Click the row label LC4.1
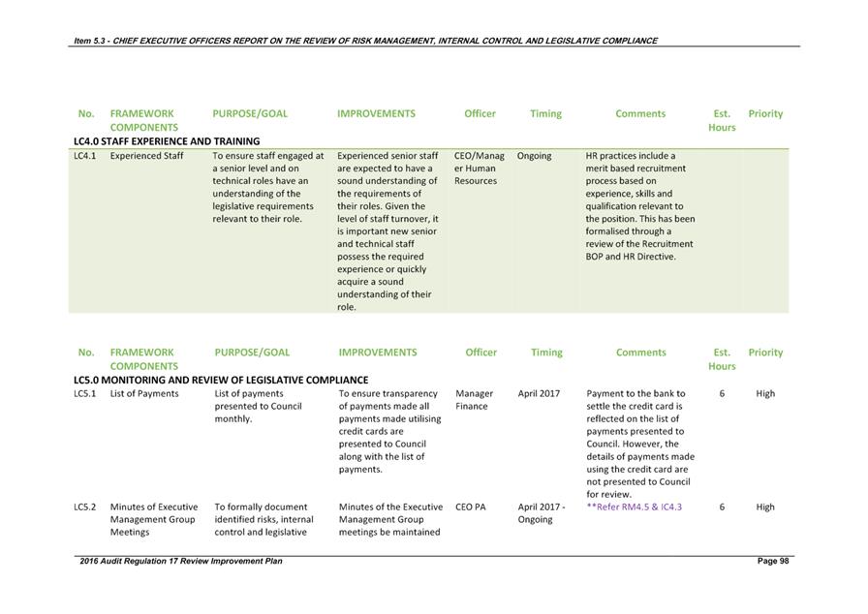click(x=84, y=155)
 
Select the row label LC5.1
click(x=84, y=394)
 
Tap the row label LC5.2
click(x=84, y=507)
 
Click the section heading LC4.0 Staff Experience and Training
click(x=167, y=141)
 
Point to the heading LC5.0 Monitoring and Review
click(x=221, y=381)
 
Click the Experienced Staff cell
click(x=146, y=155)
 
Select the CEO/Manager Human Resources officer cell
click(x=479, y=168)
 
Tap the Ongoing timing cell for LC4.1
click(x=534, y=155)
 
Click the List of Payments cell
click(x=144, y=394)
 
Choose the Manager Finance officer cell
click(x=475, y=400)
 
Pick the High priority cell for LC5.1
click(x=765, y=394)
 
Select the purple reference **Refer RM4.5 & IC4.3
click(x=634, y=507)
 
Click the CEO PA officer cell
click(x=472, y=507)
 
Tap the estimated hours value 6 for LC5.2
click(x=722, y=507)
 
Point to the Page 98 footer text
click(x=773, y=562)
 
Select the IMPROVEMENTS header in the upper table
click(x=376, y=113)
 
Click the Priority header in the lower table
click(x=765, y=353)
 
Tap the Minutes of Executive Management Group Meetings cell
click(x=153, y=519)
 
